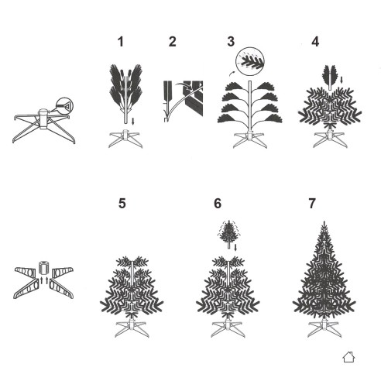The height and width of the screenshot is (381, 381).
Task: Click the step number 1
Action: tap(121, 42)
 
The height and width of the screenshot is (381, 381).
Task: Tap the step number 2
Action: tap(173, 42)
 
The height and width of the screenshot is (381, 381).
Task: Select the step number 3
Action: tap(231, 42)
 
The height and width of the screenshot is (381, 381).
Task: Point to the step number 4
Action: tap(315, 42)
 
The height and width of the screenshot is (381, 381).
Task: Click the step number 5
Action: tap(122, 204)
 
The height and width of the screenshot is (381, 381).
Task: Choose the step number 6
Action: tap(218, 204)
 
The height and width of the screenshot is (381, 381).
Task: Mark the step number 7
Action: tap(312, 204)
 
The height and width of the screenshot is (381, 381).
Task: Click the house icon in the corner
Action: tap(348, 357)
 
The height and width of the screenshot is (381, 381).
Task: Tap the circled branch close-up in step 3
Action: tap(250, 61)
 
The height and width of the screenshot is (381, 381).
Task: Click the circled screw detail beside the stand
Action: tap(64, 106)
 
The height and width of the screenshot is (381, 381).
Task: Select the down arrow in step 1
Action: tap(132, 122)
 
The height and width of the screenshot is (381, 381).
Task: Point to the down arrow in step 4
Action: tap(342, 80)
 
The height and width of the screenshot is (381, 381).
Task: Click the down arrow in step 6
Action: tap(235, 247)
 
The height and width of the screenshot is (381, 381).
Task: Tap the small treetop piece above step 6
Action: tap(229, 234)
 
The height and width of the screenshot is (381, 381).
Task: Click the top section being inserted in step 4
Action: tap(330, 77)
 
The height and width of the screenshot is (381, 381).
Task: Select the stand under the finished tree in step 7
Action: tap(324, 328)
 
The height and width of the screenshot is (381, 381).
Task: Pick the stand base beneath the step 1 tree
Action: tap(125, 139)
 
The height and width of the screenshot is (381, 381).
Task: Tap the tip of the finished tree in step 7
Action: tap(324, 221)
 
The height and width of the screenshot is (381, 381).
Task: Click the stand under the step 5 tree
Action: tap(132, 328)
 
